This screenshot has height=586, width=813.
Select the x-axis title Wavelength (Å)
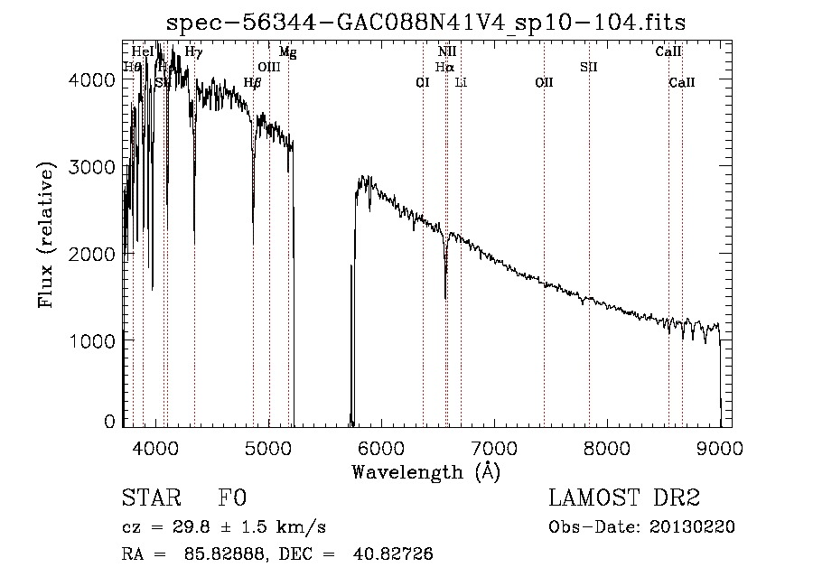[425, 471]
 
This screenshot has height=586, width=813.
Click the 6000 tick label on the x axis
[380, 446]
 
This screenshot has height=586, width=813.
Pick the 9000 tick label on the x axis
[720, 446]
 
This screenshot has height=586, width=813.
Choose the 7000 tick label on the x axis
[493, 446]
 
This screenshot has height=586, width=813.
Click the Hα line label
[444, 67]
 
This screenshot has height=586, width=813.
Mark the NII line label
[447, 52]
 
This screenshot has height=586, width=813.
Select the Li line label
[461, 82]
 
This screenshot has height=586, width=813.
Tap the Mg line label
[287, 52]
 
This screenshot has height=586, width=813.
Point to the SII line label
[589, 67]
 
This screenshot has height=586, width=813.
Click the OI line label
[422, 82]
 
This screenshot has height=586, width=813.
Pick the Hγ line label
[194, 52]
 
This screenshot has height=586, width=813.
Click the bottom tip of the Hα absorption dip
[445, 297]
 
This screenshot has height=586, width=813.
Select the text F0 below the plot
[233, 498]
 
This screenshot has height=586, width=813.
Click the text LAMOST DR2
[624, 498]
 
